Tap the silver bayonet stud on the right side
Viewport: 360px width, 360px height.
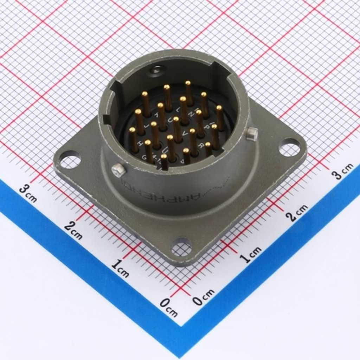252,134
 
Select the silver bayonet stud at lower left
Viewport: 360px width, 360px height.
118,170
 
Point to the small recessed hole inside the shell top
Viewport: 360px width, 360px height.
156,70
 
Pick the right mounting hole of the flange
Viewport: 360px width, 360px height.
289,147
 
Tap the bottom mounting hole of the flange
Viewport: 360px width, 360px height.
181,247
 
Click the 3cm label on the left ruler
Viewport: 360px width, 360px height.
28,193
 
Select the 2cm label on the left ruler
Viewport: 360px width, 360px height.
73,231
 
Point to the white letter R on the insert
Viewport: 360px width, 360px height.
201,145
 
